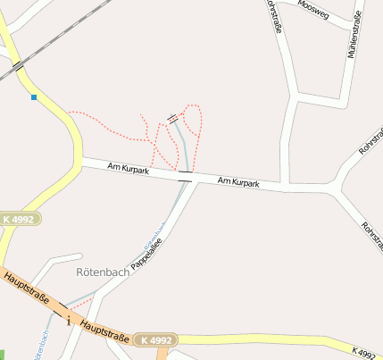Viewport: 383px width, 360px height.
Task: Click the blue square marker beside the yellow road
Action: (34, 97)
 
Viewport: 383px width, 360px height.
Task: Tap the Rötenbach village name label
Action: (102, 272)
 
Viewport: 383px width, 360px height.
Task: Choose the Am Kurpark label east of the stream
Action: (238, 182)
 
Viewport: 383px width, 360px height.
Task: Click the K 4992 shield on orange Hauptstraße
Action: (155, 339)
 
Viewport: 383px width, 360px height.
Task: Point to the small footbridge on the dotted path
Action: (173, 118)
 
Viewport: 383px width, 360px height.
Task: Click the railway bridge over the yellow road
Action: (18, 65)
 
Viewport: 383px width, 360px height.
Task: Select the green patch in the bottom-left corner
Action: (3, 354)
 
